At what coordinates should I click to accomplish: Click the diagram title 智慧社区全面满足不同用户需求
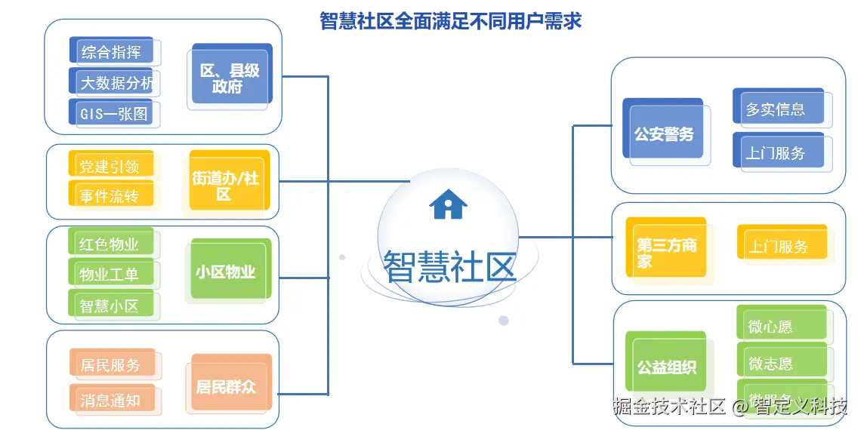point(450,20)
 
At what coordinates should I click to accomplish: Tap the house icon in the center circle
point(448,204)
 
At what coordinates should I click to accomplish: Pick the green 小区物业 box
point(227,271)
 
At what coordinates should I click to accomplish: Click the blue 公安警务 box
point(665,134)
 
